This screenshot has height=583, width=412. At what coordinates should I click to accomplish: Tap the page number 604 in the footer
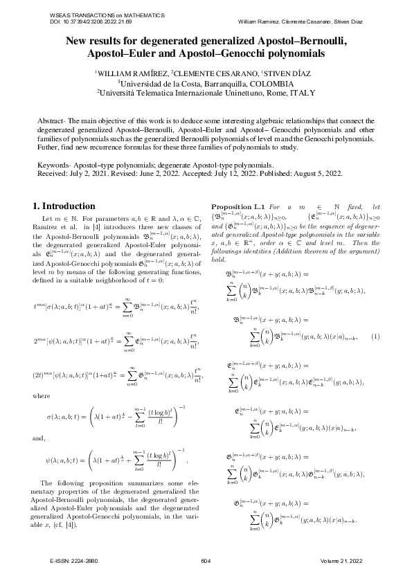(206, 560)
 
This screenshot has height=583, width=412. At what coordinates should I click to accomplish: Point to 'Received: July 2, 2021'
(75, 174)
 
